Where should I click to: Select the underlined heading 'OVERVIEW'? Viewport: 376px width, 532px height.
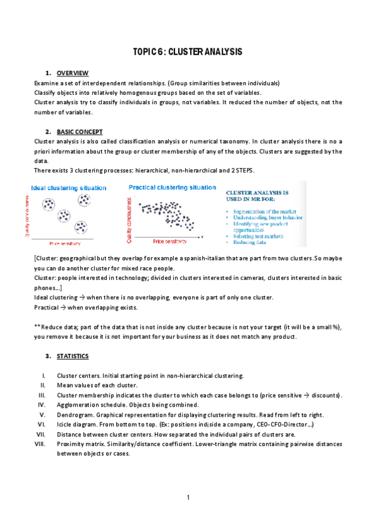tap(72, 73)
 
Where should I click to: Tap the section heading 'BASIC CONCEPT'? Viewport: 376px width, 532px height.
tap(79, 132)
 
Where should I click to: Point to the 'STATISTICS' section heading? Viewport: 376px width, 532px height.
tap(73, 356)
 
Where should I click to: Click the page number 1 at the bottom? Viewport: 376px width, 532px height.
tap(188, 497)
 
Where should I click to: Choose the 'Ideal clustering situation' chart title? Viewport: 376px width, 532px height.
tap(69, 188)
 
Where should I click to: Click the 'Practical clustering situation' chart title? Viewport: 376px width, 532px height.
tap(172, 187)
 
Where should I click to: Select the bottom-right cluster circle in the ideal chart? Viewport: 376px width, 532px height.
tap(81, 227)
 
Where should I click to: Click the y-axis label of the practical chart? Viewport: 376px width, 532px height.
tap(129, 220)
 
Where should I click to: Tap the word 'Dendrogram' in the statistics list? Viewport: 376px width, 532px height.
tap(75, 415)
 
